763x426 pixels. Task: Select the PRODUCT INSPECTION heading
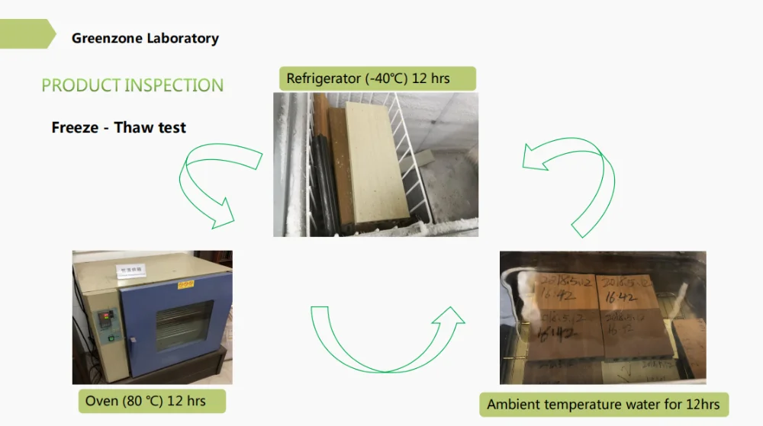tap(132, 85)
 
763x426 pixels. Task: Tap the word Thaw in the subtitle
tap(134, 127)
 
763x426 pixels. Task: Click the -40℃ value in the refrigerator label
tap(374, 78)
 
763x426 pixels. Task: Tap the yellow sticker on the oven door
tap(185, 283)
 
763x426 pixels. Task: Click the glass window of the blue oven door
tap(184, 326)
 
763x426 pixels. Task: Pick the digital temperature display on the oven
tap(106, 313)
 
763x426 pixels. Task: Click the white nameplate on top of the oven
tap(130, 270)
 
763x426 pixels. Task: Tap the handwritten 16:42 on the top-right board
tap(621, 299)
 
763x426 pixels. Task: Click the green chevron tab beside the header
tap(27, 34)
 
